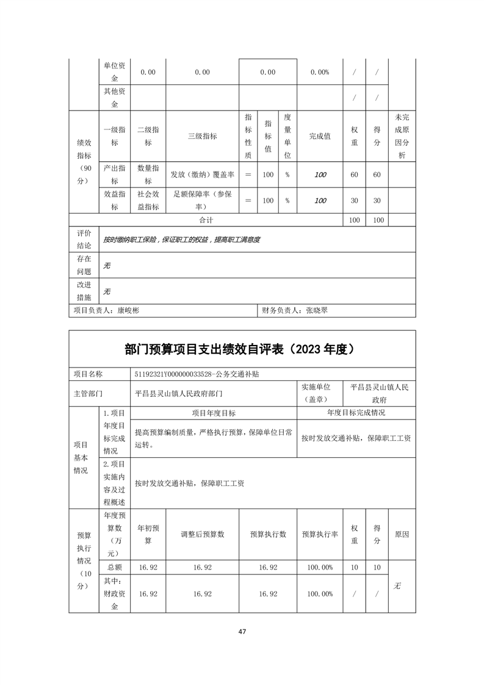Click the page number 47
[242, 631]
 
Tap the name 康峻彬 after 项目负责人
[128, 310]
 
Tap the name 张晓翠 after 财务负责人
[317, 310]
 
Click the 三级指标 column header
[202, 137]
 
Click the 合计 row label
[206, 219]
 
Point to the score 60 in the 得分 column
[377, 175]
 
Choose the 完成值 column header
[320, 137]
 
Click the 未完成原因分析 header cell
[402, 137]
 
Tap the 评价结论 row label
[84, 239]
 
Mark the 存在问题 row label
[84, 266]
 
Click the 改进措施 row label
[84, 291]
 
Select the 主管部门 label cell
[88, 394]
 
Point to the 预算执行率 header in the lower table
[320, 534]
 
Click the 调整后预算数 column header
[202, 534]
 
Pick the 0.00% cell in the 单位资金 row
[320, 72]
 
